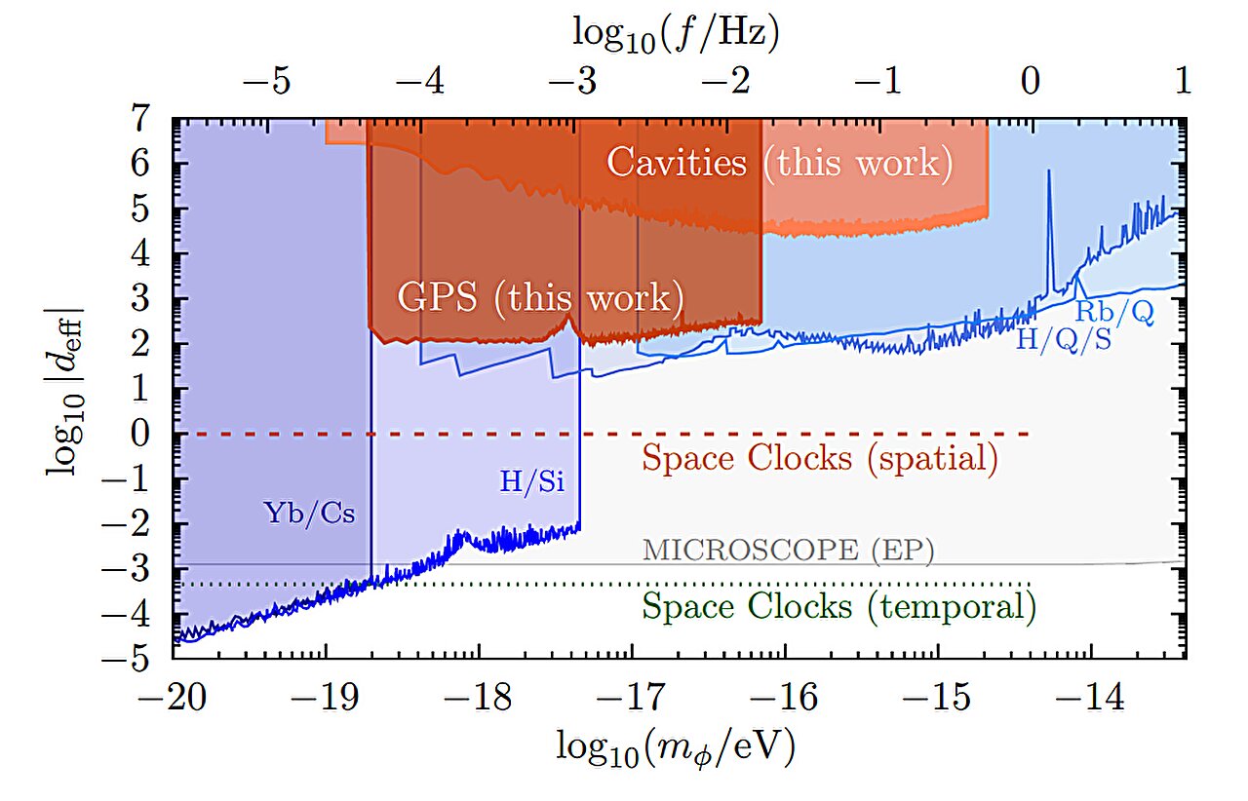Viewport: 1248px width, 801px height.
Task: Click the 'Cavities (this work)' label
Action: pos(779,163)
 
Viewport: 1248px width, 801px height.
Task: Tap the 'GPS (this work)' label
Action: pos(539,297)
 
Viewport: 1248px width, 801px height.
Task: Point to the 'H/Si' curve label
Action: pos(530,479)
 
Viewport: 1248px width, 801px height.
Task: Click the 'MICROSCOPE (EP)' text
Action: pos(788,550)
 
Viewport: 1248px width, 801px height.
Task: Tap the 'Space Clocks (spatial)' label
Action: pos(819,458)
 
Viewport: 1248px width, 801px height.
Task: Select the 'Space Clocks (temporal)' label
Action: pos(838,607)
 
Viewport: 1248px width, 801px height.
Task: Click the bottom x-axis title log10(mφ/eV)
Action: pos(676,746)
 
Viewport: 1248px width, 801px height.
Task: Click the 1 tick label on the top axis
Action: pos(1184,83)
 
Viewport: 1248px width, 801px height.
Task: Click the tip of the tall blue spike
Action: pos(1049,172)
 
